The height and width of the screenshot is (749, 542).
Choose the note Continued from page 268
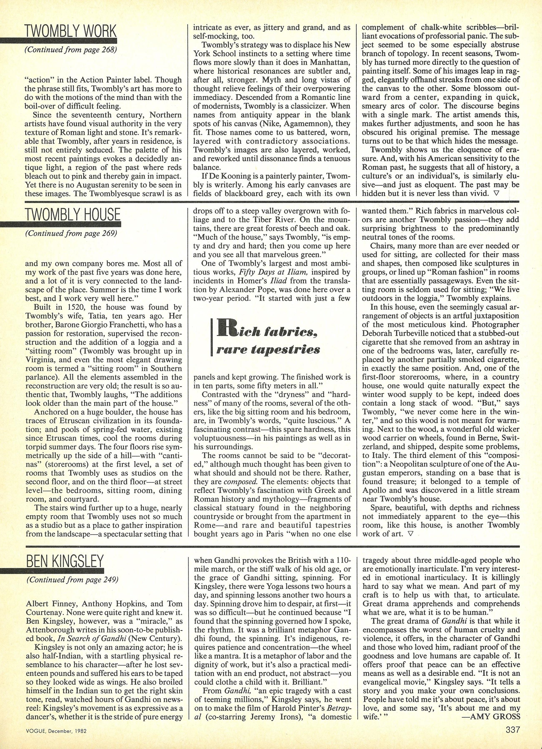pos(71,49)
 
